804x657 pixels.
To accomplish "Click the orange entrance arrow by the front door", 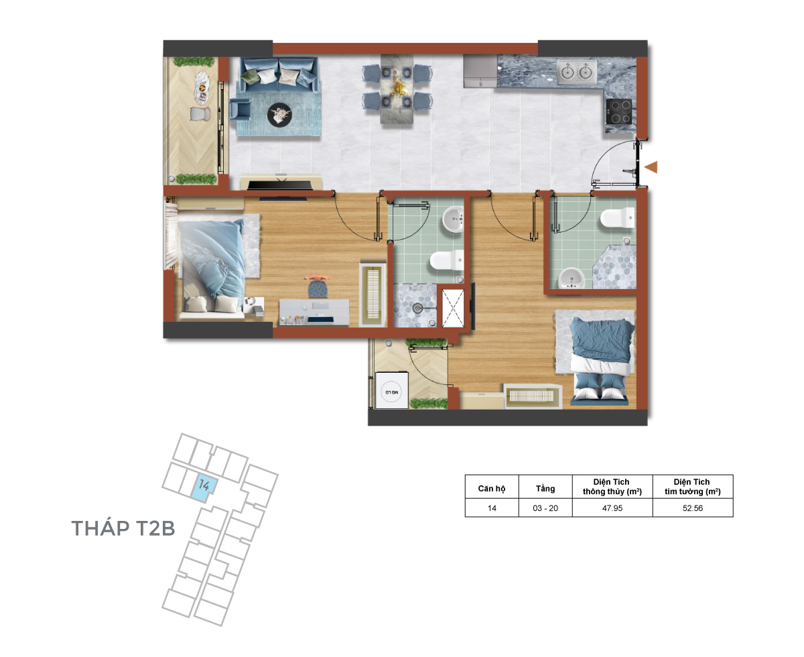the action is tap(651, 167).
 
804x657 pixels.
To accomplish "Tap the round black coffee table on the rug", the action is tap(279, 115).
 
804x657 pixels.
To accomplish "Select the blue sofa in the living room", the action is tap(279, 74).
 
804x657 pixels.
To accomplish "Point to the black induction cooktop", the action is tap(618, 111).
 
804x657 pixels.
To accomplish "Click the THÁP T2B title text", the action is tap(123, 529).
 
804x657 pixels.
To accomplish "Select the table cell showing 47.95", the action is tap(612, 508).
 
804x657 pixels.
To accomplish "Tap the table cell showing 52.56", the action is tap(692, 508).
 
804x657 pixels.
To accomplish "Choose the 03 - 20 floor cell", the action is tap(545, 508).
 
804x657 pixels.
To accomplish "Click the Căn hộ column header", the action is tap(491, 489).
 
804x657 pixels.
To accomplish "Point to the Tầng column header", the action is tap(545, 489).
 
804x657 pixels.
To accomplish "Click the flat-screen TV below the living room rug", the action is tap(281, 185).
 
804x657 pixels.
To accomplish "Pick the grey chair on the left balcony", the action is tap(200, 114).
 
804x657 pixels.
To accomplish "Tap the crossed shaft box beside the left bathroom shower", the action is tap(453, 308).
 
